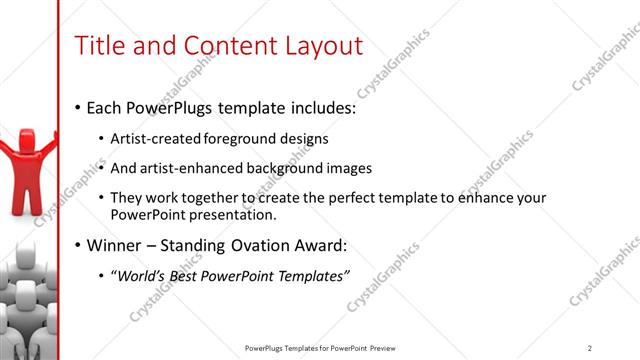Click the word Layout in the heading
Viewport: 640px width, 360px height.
320,45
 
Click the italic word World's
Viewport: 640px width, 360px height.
143,276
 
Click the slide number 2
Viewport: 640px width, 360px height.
590,347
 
